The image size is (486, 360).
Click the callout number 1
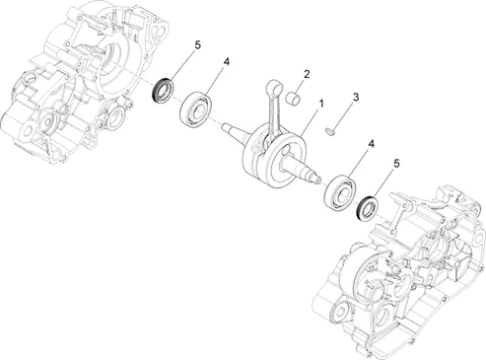pyautogui.click(x=321, y=104)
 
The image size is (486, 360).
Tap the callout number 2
pyautogui.click(x=307, y=74)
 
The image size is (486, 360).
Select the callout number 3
pyautogui.click(x=356, y=97)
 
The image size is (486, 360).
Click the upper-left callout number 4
pyautogui.click(x=226, y=61)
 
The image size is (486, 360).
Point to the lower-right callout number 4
pyautogui.click(x=372, y=144)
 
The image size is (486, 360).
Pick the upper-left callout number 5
pyautogui.click(x=197, y=45)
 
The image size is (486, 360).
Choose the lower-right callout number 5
pyautogui.click(x=396, y=164)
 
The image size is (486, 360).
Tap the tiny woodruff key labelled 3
pyautogui.click(x=330, y=131)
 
